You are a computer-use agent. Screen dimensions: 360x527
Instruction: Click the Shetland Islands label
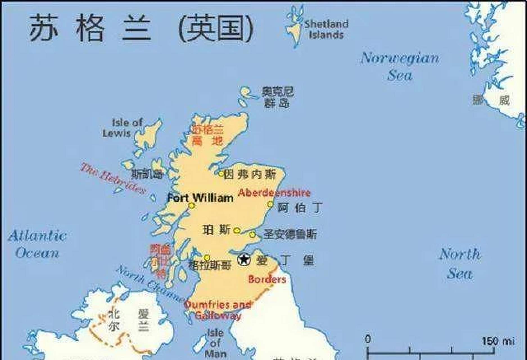(326, 29)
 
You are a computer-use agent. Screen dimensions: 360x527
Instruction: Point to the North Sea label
(460, 264)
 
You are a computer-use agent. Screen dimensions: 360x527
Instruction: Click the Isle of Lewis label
(122, 128)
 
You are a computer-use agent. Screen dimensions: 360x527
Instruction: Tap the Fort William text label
(200, 198)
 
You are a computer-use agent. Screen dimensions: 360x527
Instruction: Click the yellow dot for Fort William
(192, 206)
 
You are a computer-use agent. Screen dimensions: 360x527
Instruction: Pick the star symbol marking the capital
(244, 260)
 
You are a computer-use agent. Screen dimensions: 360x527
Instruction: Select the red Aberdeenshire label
(274, 193)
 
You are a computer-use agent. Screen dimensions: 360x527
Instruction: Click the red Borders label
(267, 279)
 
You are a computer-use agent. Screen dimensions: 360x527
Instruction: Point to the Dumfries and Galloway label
(218, 310)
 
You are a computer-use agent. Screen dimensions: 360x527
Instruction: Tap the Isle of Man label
(215, 343)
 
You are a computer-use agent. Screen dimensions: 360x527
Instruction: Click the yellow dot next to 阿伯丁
(270, 204)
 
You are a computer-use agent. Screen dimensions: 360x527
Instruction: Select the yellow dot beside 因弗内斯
(221, 174)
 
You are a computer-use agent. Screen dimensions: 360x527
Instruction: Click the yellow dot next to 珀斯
(237, 231)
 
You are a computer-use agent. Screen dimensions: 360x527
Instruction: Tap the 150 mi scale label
(498, 341)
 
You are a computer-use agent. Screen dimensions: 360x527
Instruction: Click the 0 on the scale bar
(368, 339)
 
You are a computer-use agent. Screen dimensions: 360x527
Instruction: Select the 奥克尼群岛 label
(277, 97)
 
